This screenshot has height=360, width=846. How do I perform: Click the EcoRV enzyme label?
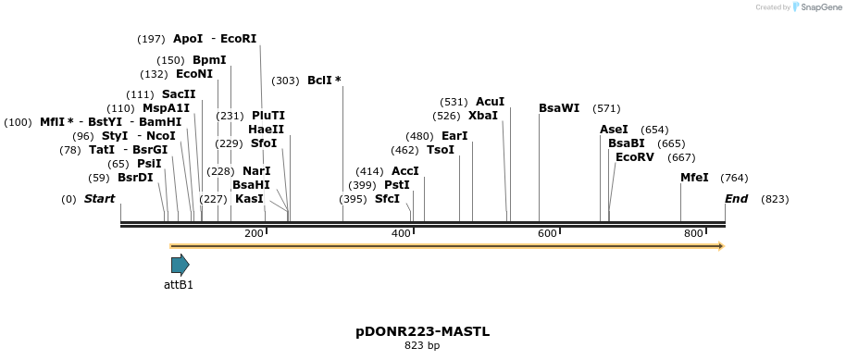[634, 157]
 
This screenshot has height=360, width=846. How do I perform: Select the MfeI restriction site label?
[694, 178]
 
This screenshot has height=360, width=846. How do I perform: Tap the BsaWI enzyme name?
[559, 108]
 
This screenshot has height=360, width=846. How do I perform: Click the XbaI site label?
[483, 116]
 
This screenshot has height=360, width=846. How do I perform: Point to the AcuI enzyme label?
[490, 102]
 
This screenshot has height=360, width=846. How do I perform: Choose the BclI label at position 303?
[324, 81]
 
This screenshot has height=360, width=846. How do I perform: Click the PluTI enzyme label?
[268, 116]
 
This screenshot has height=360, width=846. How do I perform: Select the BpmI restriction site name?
[209, 60]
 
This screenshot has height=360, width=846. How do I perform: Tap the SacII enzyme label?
[179, 94]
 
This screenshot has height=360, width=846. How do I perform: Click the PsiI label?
[149, 164]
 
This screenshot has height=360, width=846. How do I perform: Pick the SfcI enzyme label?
[387, 199]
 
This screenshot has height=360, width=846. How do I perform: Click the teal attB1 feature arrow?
[180, 265]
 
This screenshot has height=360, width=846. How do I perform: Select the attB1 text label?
[179, 285]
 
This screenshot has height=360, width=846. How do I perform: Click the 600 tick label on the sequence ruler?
[547, 233]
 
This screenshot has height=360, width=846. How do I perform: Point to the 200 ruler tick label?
[254, 233]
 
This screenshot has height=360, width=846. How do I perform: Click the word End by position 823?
[736, 199]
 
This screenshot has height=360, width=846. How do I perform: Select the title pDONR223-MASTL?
[422, 330]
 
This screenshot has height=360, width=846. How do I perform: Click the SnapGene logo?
[817, 7]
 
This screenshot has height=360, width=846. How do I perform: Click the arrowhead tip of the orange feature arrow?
[722, 246]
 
